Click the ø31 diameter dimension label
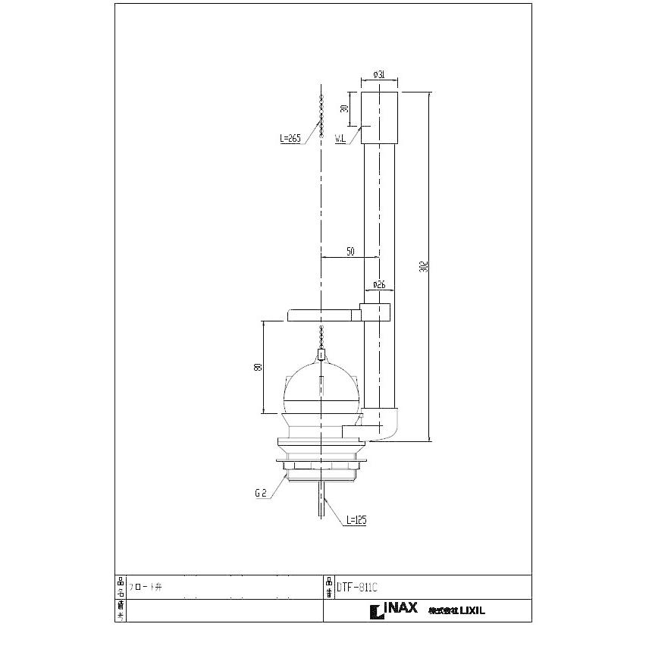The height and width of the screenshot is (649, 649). coord(380,74)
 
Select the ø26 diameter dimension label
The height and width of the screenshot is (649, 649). coord(379,285)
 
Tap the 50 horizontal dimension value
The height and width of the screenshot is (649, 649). coord(350,252)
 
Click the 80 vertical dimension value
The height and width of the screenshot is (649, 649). coord(259,367)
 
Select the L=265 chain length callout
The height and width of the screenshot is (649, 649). coord(290,138)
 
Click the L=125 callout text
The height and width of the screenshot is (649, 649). coord(356,521)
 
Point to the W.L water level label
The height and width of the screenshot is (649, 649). coord(341,138)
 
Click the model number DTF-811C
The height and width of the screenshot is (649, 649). coord(356,587)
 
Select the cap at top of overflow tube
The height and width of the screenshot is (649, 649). coord(379,118)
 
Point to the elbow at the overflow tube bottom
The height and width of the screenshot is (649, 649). coord(384,426)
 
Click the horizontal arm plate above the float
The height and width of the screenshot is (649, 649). coord(322,313)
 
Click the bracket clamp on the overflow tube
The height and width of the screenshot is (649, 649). coord(376,312)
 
